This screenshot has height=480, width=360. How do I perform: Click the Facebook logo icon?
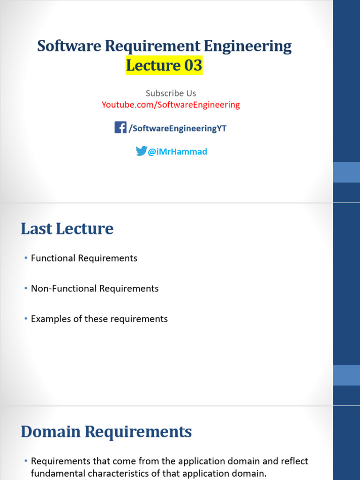click(120, 127)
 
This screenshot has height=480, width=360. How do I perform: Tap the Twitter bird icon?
click(141, 151)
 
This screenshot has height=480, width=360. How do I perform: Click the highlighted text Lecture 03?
click(164, 66)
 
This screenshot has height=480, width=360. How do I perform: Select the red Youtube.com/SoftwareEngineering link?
click(171, 105)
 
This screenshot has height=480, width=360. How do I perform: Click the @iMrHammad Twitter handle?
click(177, 152)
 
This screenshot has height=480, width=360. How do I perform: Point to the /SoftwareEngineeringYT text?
click(178, 128)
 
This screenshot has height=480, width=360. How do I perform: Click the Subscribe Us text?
click(171, 93)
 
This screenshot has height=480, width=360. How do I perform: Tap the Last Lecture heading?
click(67, 229)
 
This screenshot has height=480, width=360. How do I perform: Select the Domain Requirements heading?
click(106, 432)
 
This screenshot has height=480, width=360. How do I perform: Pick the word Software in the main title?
click(69, 46)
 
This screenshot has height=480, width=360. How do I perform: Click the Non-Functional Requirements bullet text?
click(95, 289)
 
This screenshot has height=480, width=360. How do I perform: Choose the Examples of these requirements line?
click(99, 319)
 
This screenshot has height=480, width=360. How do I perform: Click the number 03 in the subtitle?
click(193, 66)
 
